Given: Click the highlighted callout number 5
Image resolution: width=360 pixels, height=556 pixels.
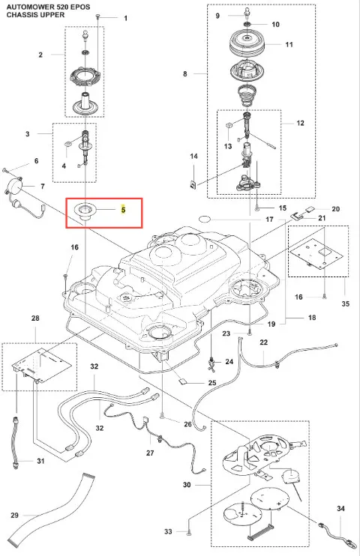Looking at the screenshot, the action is point(123,210).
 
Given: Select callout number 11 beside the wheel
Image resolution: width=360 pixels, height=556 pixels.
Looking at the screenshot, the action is point(289,44).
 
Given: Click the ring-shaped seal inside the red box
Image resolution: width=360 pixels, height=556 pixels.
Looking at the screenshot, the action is point(84,210).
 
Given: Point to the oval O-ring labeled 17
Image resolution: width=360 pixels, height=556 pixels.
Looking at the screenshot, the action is point(204,219).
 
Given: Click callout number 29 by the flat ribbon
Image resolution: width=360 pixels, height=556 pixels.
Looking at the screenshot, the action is point(14,515).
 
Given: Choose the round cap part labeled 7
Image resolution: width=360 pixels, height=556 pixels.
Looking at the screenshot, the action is point(14,185).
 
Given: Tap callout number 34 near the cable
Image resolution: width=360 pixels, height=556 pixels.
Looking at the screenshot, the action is point(340,509).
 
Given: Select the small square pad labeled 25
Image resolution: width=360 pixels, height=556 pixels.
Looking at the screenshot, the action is point(181,381).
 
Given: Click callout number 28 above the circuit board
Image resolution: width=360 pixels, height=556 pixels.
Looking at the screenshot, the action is point(35,318).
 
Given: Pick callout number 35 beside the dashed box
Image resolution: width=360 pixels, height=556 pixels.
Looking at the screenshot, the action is point(346,303).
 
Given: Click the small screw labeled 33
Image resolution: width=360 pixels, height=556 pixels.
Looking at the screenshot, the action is point(188,531).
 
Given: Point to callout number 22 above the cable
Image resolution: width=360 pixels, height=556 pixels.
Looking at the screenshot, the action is point(263,342).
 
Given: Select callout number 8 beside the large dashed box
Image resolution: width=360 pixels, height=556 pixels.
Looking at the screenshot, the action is point(185,73).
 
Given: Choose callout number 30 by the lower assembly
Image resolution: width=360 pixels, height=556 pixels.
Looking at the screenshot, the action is point(187,484).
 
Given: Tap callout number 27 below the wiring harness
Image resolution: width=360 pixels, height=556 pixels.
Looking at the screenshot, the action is point(150,453).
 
